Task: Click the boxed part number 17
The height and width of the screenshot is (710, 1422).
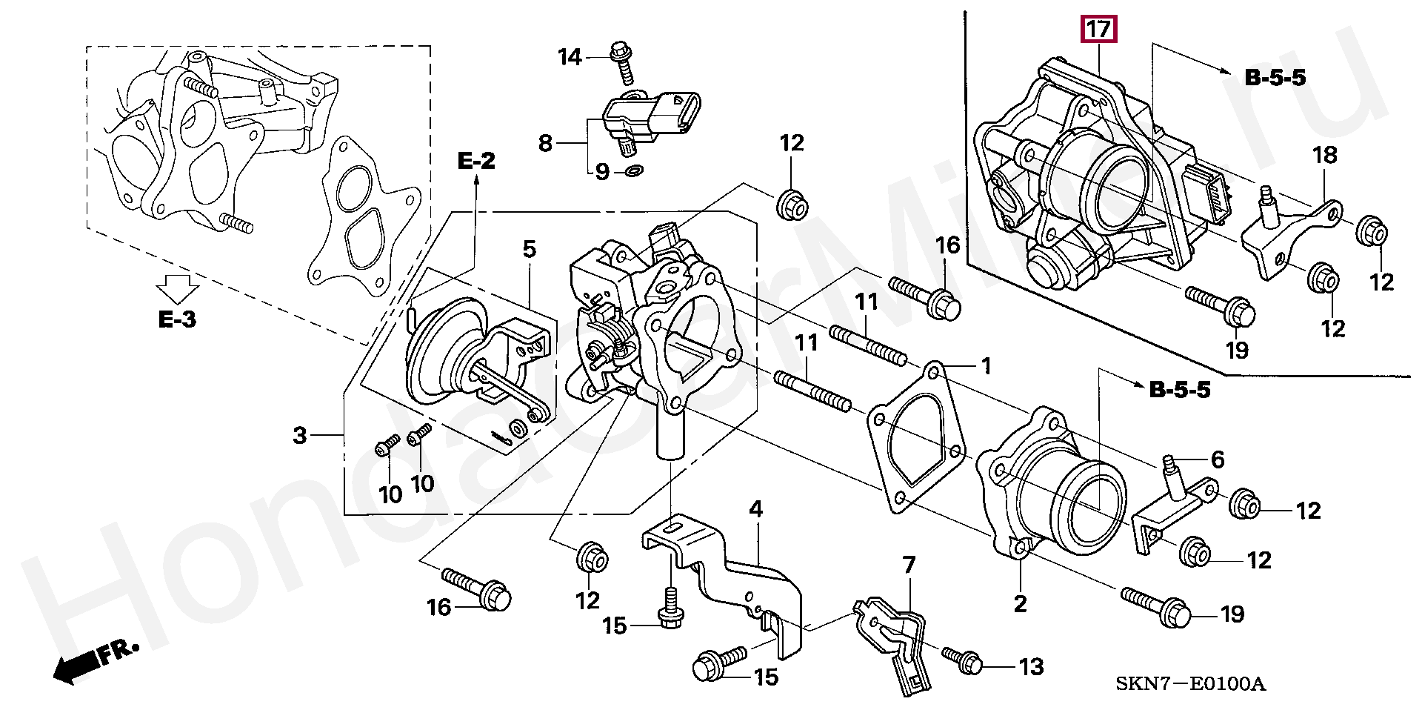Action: click(1098, 30)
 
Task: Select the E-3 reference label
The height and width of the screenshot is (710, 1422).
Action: click(177, 319)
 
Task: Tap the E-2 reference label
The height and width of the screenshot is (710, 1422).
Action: click(476, 161)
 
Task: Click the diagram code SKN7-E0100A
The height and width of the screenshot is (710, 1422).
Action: click(1190, 683)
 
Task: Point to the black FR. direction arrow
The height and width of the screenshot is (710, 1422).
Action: click(95, 661)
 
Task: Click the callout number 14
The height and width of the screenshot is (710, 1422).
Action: click(570, 57)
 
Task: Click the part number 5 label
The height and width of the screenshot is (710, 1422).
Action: click(529, 249)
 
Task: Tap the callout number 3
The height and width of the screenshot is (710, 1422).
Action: click(299, 435)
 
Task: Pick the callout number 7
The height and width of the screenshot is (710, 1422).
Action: click(909, 565)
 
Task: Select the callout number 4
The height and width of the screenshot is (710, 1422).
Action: click(755, 509)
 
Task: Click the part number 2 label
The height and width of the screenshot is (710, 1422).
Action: click(1020, 604)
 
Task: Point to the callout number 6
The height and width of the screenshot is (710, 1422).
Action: click(1218, 459)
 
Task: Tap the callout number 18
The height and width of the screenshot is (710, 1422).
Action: click(1325, 155)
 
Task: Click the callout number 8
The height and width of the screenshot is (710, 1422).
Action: click(545, 143)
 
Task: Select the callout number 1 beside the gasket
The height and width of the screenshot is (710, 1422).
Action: click(986, 365)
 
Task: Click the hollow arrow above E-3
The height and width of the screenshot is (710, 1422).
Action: click(178, 288)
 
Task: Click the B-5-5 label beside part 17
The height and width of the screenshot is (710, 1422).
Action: click(1275, 78)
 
